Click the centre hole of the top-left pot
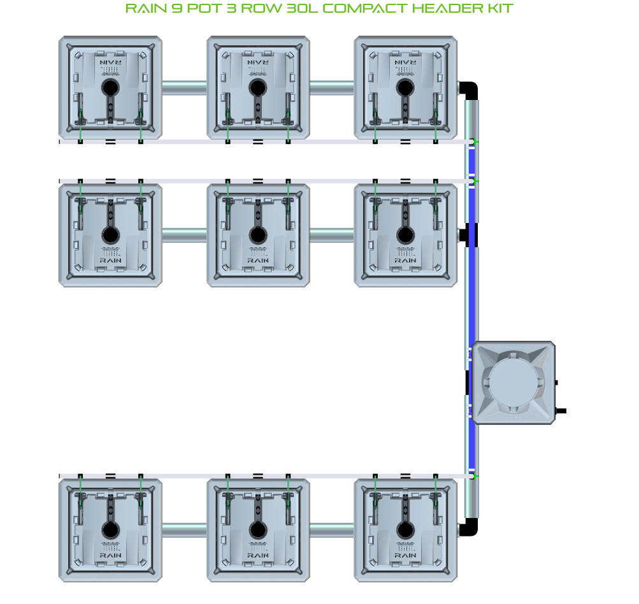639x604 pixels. click(x=110, y=87)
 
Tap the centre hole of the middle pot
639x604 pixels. click(x=257, y=235)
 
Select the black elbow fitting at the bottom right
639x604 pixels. click(x=470, y=528)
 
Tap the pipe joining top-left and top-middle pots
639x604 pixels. click(x=184, y=87)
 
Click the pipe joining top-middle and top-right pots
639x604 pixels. click(x=331, y=87)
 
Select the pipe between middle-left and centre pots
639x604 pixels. click(x=184, y=235)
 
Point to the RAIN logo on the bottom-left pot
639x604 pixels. click(x=110, y=555)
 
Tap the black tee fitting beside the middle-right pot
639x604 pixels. click(x=470, y=235)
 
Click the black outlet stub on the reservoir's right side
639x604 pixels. click(x=561, y=411)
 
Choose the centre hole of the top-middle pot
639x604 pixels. click(x=257, y=87)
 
